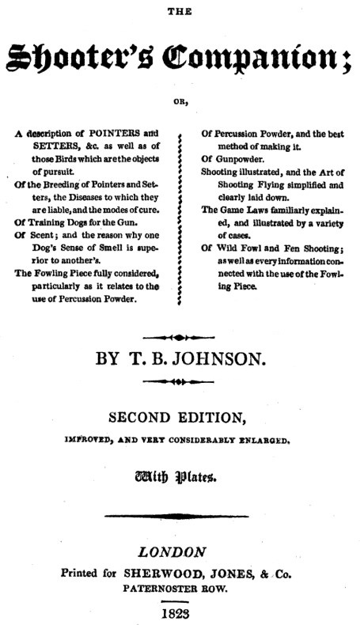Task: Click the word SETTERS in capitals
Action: click(64, 147)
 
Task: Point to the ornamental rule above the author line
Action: click(180, 335)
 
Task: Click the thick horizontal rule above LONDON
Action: click(180, 515)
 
